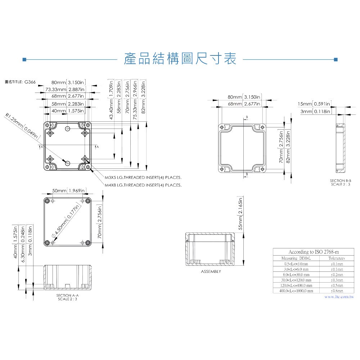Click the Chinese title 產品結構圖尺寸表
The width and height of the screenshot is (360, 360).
[x=180, y=59]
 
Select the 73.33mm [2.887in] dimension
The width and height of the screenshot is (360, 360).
[x=65, y=89]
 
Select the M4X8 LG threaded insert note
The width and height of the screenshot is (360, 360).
[x=143, y=185]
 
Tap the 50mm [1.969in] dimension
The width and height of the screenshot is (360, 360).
[x=69, y=190]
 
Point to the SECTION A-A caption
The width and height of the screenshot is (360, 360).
[x=68, y=295]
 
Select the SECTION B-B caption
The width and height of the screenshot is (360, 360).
[x=340, y=180]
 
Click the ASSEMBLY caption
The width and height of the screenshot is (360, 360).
[x=211, y=271]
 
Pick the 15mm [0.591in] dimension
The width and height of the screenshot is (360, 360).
[x=314, y=104]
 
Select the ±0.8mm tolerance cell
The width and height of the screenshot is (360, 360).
[x=337, y=291]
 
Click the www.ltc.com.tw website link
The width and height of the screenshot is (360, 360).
[x=339, y=297]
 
